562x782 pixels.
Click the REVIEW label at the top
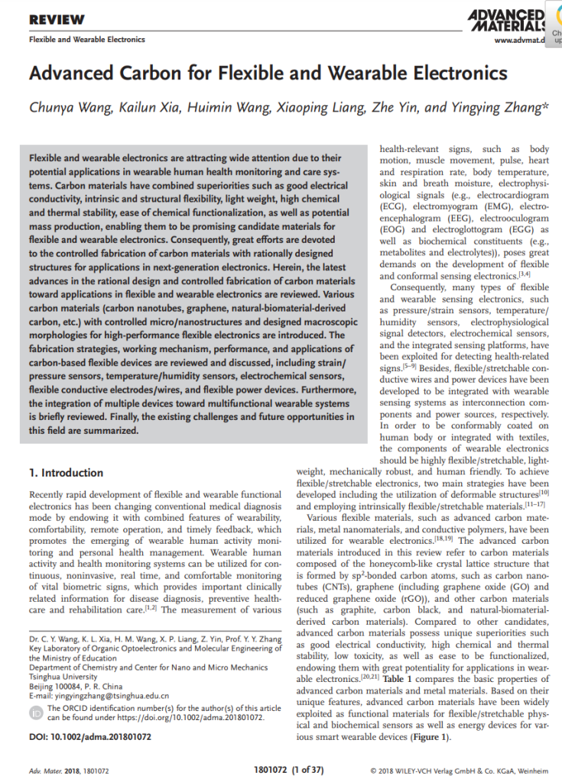click(x=57, y=19)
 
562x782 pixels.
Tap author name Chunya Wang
click(x=71, y=108)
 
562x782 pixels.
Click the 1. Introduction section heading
click(x=66, y=473)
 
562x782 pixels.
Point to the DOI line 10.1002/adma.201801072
click(x=89, y=737)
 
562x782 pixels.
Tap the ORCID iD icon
click(x=35, y=713)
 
